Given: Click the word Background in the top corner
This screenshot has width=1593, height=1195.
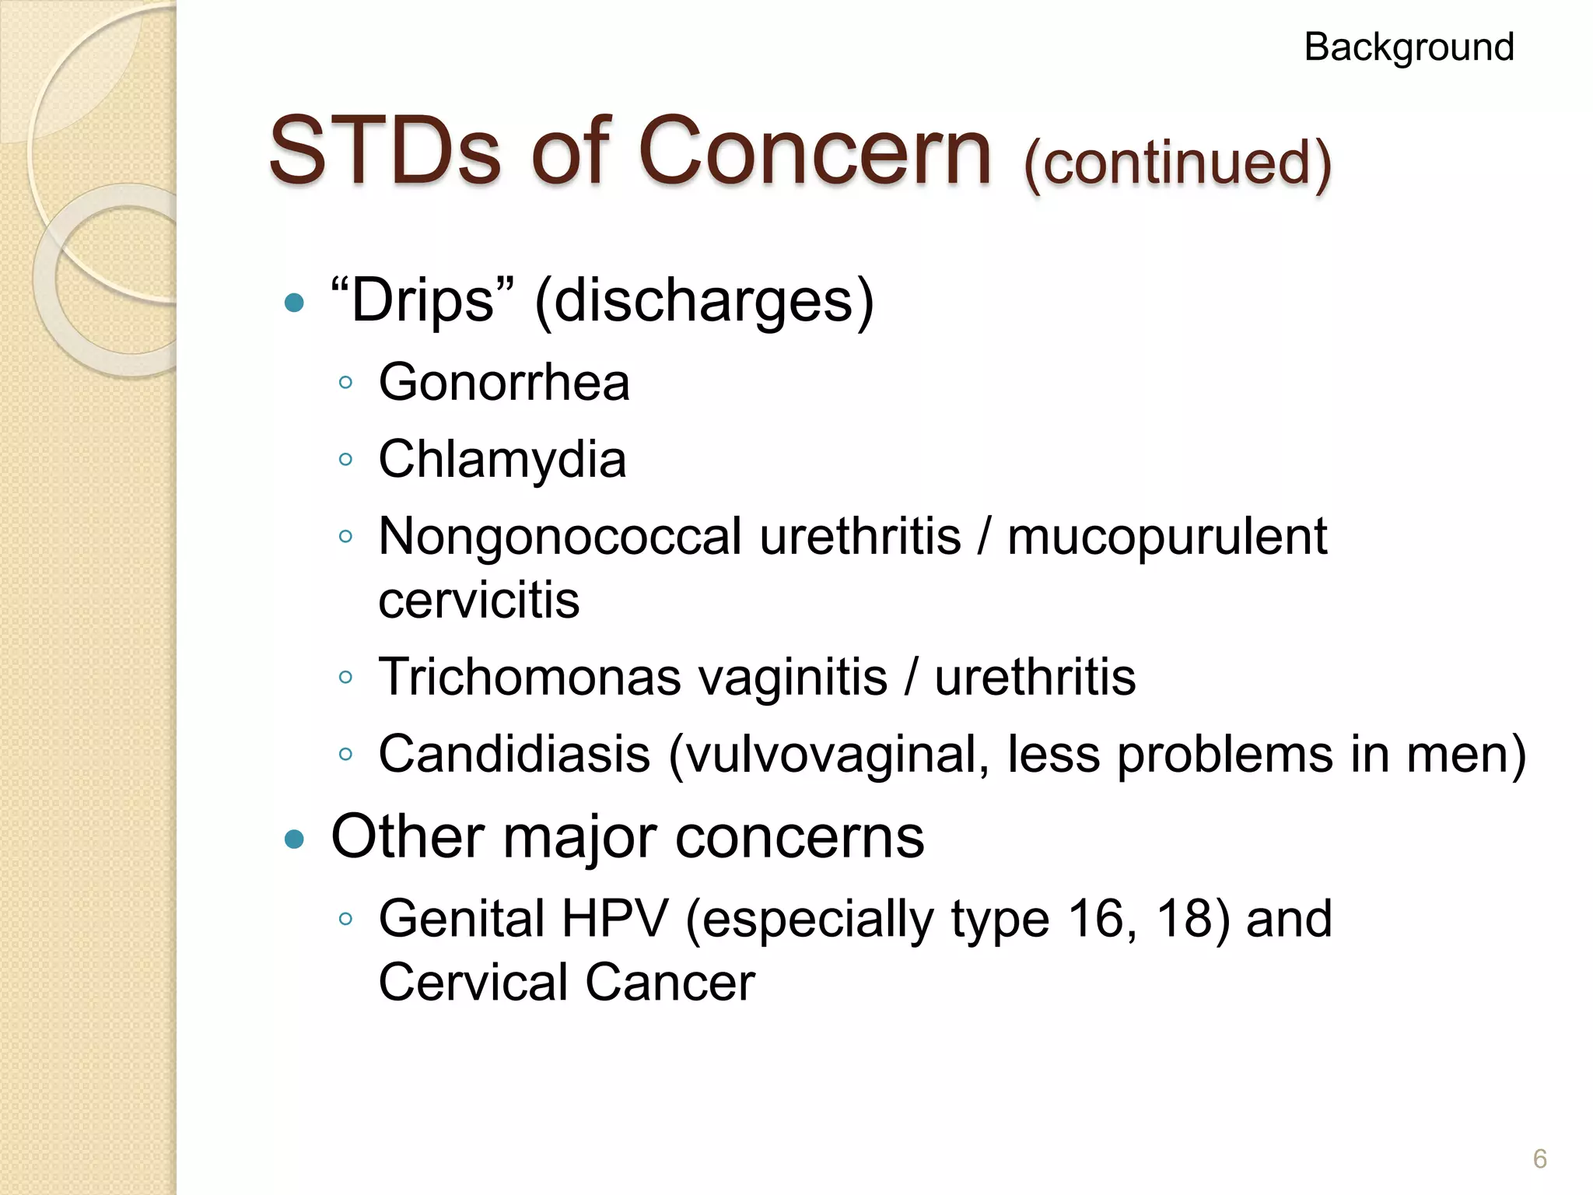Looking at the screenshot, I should point(1409,47).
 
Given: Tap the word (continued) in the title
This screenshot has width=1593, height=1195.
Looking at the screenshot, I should point(1178,163).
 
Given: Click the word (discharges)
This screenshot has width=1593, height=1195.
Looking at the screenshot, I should point(704,302).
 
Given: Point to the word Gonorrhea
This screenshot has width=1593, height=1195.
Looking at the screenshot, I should point(504,382).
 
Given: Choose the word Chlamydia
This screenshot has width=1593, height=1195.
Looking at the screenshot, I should point(502,459).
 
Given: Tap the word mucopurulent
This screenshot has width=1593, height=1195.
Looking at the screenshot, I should point(1167,538).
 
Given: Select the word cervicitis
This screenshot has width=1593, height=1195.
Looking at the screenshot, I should point(479,600).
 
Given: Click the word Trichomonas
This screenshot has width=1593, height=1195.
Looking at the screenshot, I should point(530,677).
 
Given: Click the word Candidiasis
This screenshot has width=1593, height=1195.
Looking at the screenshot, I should point(514,754).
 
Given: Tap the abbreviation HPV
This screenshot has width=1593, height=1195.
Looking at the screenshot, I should point(614,919).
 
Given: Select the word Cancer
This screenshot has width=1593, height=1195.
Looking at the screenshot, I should point(670,982).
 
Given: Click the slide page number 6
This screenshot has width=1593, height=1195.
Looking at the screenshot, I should point(1539,1159).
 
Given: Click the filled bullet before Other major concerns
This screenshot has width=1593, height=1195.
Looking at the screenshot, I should point(294,839).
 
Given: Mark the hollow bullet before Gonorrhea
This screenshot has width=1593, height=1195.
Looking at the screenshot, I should point(346,383).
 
